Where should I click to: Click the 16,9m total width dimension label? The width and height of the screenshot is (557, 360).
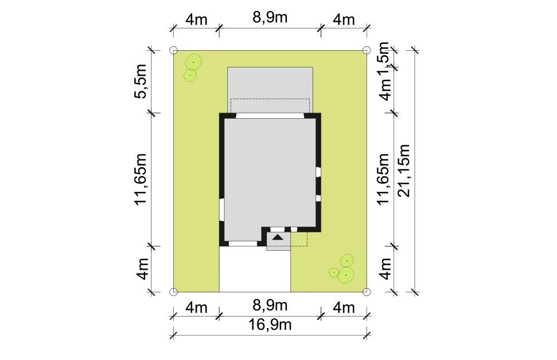coord(270,324)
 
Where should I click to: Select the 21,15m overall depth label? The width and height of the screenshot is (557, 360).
coord(404,171)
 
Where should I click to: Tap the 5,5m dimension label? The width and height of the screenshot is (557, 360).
coord(141,81)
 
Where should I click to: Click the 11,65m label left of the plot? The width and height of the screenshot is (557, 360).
coord(141,179)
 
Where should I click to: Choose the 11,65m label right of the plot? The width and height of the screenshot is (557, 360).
coord(384,179)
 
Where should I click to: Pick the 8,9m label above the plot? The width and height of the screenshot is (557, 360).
coord(270,17)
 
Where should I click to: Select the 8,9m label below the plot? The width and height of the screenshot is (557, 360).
coord(270,305)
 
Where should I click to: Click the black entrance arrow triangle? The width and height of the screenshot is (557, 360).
coord(278,237)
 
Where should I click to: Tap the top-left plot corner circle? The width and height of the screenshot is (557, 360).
coord(173,50)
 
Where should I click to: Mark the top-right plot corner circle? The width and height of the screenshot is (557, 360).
coord(367,50)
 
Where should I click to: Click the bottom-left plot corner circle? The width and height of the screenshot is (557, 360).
coord(173,292)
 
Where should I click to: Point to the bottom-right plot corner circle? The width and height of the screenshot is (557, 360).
coord(367,292)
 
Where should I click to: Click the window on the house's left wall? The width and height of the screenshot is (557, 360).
coord(222,210)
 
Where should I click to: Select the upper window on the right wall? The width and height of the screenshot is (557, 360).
coord(319,172)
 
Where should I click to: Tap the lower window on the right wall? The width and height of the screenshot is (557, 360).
coord(319,198)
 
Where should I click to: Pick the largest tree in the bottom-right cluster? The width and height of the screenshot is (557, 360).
coord(346,275)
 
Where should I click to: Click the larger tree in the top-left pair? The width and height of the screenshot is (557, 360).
coord(193,62)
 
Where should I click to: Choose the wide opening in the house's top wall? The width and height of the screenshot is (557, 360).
coord(270,115)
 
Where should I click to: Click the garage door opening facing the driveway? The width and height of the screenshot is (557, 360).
coord(243,244)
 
